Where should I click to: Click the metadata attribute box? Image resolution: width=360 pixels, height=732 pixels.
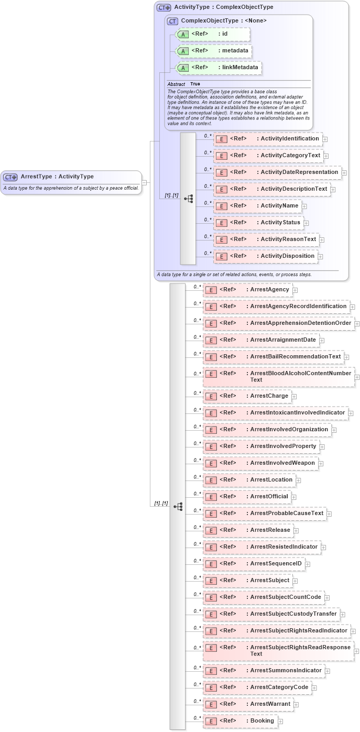click(214, 51)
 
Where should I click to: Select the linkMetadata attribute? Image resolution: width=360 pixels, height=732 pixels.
click(219, 68)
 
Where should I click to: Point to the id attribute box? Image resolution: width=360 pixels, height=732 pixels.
click(212, 34)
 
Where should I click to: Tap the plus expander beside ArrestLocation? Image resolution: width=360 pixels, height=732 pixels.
click(298, 480)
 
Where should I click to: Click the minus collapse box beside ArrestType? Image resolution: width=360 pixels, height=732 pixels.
click(145, 182)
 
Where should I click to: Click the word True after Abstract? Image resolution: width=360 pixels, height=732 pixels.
click(195, 84)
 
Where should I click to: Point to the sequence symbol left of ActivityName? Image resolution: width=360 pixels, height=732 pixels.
click(188, 199)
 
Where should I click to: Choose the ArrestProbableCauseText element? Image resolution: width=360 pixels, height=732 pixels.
click(264, 514)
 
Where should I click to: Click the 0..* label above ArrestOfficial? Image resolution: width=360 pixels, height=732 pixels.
click(197, 493)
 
